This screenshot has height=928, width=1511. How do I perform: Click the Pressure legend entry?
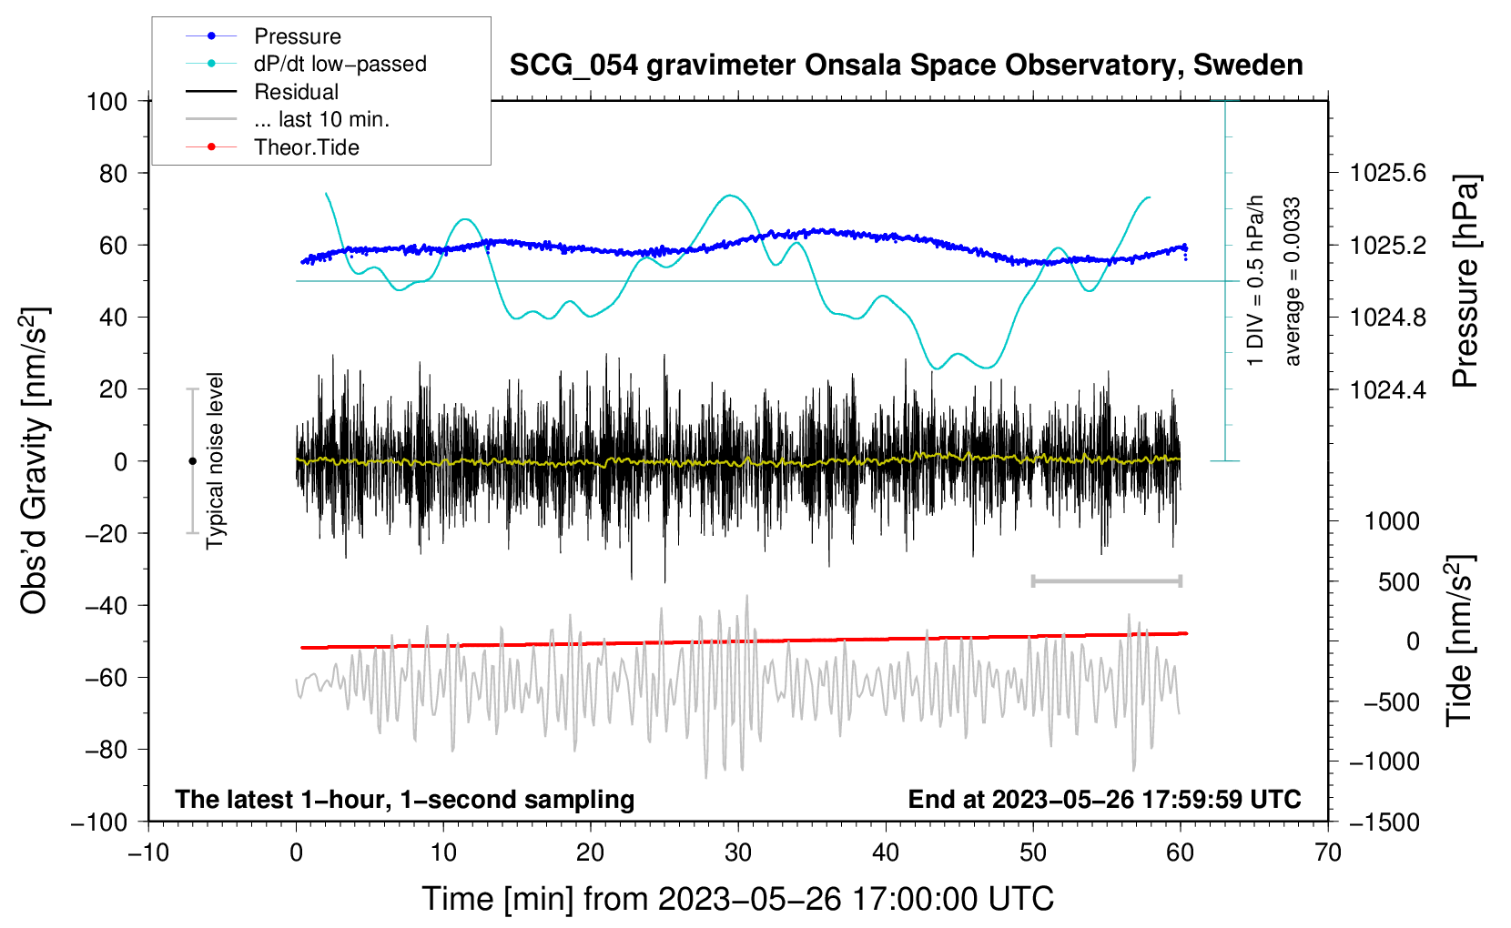pyautogui.click(x=264, y=35)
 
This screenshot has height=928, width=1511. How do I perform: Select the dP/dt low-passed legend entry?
pyautogui.click(x=306, y=64)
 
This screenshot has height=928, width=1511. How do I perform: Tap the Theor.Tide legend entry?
pyautogui.click(x=272, y=147)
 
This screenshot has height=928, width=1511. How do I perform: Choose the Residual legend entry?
pyautogui.click(x=262, y=91)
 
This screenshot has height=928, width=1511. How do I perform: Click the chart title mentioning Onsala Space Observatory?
pyautogui.click(x=906, y=66)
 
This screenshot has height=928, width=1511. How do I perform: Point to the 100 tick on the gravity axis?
pyautogui.click(x=106, y=102)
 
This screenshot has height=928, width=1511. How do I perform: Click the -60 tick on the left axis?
pyautogui.click(x=106, y=677)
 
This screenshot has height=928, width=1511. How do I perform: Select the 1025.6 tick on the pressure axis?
pyautogui.click(x=1387, y=174)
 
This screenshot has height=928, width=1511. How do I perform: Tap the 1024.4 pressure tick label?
pyautogui.click(x=1387, y=389)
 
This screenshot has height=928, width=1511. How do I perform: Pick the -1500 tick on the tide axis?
pyautogui.click(x=1384, y=822)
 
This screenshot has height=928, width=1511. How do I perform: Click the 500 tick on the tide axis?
pyautogui.click(x=1399, y=582)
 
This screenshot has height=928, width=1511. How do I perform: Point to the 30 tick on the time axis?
pyautogui.click(x=738, y=852)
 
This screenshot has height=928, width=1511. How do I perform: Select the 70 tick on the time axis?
pyautogui.click(x=1327, y=852)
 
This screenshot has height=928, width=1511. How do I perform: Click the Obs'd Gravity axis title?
pyautogui.click(x=35, y=460)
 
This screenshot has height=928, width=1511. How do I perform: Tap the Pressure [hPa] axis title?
pyautogui.click(x=1465, y=281)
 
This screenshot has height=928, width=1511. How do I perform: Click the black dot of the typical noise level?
pyautogui.click(x=192, y=461)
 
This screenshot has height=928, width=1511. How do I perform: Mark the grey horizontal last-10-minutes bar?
pyautogui.click(x=1106, y=580)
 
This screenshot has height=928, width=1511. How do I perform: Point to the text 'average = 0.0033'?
pyautogui.click(x=1292, y=281)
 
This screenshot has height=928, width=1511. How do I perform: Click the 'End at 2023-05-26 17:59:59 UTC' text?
pyautogui.click(x=1104, y=799)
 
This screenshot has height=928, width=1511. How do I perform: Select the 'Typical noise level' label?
pyautogui.click(x=215, y=460)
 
